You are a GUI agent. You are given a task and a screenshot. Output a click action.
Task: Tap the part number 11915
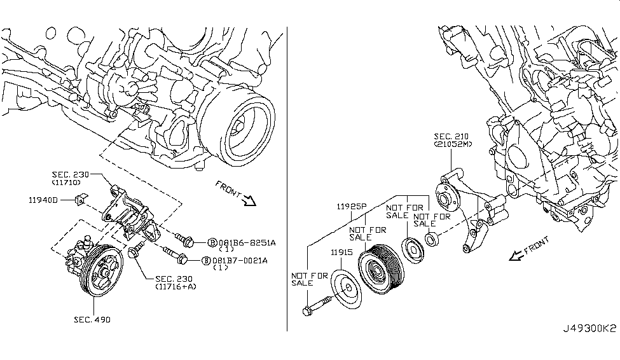coord(341,253)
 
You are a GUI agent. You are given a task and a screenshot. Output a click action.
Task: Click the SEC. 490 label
coord(93,319)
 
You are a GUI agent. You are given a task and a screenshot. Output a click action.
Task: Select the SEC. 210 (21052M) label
coord(453,141)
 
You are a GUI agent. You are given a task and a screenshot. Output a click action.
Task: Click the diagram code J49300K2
coord(589,328)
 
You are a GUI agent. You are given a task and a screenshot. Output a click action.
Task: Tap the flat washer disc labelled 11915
coord(347,291)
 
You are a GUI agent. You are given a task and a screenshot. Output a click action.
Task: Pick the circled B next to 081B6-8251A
coord(212,242)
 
